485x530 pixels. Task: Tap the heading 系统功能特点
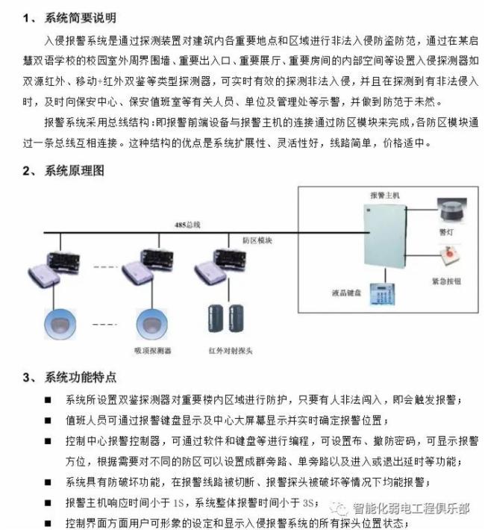(x=81, y=378)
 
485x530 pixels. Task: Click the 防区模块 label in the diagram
(x=257, y=240)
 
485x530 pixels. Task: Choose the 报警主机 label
(x=385, y=194)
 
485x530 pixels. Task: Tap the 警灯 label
(x=446, y=232)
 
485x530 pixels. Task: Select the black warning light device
(x=446, y=210)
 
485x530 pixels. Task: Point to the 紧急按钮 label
(x=446, y=281)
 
